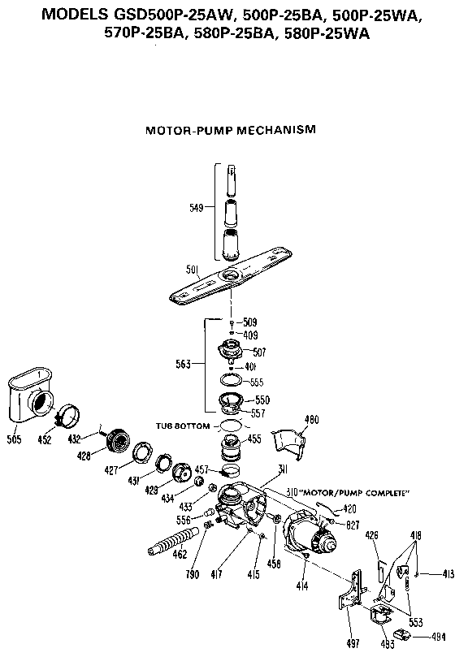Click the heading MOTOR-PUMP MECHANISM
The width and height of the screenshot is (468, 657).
pos(230,129)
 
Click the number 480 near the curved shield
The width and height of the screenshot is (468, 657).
pos(310,420)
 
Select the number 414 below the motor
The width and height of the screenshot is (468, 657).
pos(303,584)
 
